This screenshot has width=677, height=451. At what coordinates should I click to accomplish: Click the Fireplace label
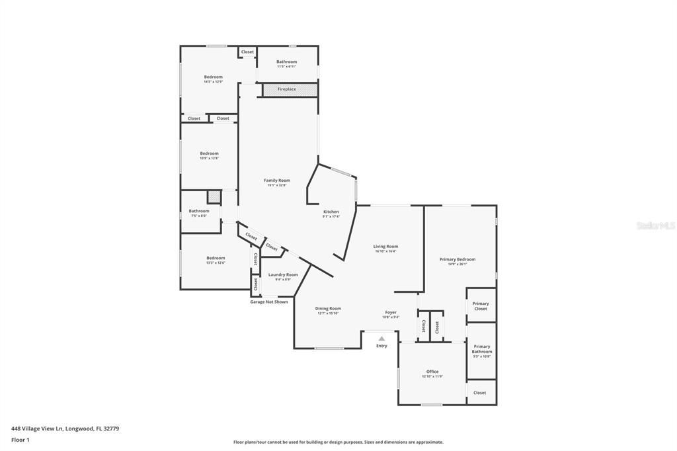pos(286,89)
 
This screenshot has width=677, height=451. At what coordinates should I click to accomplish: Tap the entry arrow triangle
pos(381,339)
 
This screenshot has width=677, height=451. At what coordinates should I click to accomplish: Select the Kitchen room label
pos(331,212)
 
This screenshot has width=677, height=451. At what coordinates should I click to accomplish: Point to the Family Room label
pos(277,181)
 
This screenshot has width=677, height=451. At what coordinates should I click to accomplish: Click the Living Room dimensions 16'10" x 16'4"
pos(385,251)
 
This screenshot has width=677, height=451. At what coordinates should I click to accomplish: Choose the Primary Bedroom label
pos(457,259)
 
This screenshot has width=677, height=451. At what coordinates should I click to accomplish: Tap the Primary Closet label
pos(481,306)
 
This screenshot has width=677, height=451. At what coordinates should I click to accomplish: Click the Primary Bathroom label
pos(482,349)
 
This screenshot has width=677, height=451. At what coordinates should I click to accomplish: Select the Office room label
pos(432,372)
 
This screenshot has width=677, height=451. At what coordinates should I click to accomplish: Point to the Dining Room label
pos(328,308)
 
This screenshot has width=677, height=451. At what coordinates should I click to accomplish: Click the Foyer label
pos(391,312)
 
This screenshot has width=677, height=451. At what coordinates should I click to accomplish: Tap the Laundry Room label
pos(283,274)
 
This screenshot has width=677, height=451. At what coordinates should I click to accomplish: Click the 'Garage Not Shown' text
pos(268,302)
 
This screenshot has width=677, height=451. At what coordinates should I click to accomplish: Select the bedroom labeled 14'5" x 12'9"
pos(213,77)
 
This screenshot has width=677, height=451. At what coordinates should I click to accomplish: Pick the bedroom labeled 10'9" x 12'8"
pos(209,153)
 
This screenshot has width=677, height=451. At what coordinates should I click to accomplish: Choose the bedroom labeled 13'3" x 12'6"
pos(216,258)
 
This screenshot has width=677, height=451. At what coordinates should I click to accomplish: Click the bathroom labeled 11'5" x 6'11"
pos(286,61)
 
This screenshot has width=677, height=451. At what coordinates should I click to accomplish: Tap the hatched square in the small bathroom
pos(214,197)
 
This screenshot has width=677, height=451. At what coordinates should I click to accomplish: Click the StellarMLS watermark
pos(655,225)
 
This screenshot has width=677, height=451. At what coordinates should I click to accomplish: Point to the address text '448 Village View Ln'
pos(37,429)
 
